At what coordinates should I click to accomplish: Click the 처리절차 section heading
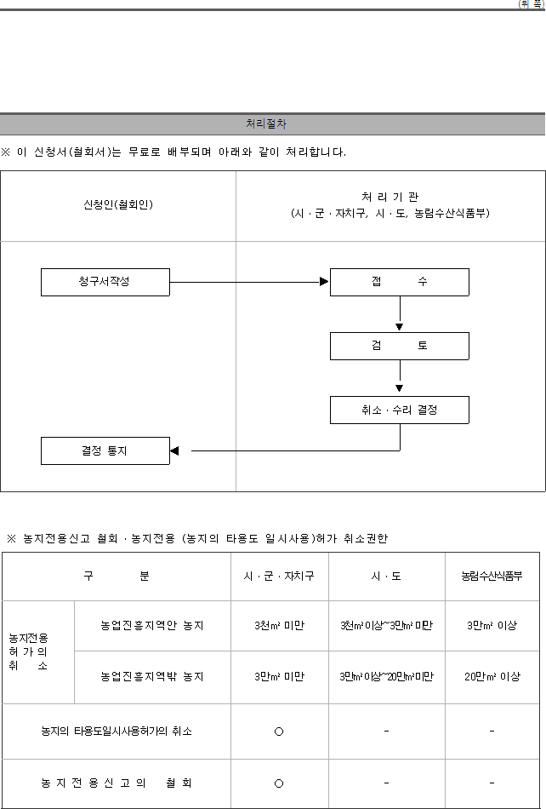266,123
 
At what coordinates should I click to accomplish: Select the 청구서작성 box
105,282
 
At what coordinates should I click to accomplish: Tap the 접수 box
399,282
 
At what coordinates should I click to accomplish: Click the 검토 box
399,347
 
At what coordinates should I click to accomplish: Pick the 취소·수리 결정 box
399,410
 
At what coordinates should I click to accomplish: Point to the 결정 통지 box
105,451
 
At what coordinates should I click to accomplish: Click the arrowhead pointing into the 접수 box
324,281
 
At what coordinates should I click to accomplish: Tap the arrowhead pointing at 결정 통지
174,451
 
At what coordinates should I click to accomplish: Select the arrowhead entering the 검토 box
399,327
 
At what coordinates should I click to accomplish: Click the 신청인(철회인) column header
118,205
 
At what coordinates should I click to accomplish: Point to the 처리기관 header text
390,197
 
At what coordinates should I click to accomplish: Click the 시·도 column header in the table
386,577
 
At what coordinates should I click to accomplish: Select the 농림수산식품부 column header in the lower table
492,577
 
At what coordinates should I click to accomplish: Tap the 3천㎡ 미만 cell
279,625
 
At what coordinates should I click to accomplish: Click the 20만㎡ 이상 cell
492,676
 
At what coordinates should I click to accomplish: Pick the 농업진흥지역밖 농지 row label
152,676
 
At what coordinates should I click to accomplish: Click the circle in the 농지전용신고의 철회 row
279,783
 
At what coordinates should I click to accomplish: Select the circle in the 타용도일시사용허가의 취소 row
279,732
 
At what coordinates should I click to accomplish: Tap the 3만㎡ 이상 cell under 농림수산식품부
492,625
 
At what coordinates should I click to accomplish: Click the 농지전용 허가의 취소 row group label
28,652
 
